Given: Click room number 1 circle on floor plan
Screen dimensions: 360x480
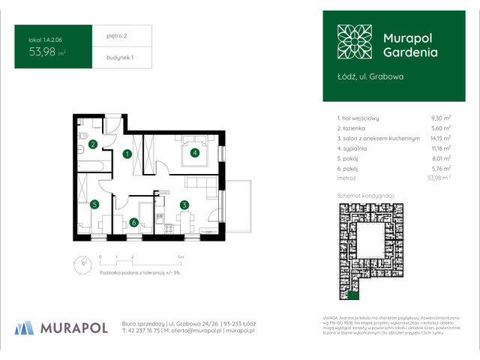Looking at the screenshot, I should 127,154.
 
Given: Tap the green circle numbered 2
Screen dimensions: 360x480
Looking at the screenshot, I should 93,144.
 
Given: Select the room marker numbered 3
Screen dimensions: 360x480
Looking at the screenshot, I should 184,204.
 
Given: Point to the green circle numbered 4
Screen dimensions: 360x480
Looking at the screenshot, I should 194,154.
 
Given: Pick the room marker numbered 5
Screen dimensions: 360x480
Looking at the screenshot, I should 94,204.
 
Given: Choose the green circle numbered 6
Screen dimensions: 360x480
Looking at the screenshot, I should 133,222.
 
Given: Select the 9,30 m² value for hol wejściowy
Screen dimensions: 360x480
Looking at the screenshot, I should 439,118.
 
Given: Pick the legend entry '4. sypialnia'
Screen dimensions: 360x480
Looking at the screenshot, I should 355,149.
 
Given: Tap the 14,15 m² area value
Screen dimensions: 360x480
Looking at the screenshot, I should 438,139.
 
